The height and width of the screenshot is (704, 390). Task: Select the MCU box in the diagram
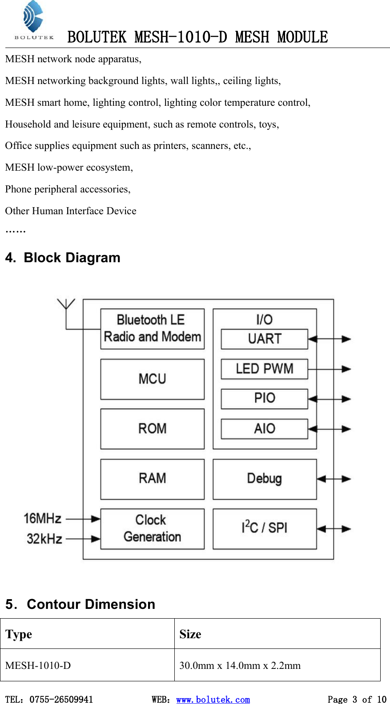click(152, 379)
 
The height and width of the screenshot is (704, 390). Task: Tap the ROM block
click(152, 429)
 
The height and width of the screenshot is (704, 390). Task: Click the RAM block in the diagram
click(152, 479)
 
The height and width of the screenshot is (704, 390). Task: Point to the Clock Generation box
click(152, 528)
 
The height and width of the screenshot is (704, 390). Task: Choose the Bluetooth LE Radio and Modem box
click(152, 329)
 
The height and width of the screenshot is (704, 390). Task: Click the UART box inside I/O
click(264, 339)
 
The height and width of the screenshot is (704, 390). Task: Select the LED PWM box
click(264, 368)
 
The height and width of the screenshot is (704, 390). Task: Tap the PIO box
click(264, 399)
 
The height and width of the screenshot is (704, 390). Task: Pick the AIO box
click(264, 429)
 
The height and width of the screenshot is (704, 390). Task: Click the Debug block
click(265, 479)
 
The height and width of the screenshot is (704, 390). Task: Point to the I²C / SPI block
click(265, 528)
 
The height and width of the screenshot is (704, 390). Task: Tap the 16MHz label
click(42, 519)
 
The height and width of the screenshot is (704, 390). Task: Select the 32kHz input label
click(44, 539)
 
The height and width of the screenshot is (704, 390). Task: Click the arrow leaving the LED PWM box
click(329, 368)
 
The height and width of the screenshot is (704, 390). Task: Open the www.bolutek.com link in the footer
click(213, 699)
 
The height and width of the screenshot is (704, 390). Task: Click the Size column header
click(190, 634)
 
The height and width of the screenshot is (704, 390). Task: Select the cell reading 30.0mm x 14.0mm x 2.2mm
click(240, 665)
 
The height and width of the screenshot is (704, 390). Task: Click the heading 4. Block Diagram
click(63, 258)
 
